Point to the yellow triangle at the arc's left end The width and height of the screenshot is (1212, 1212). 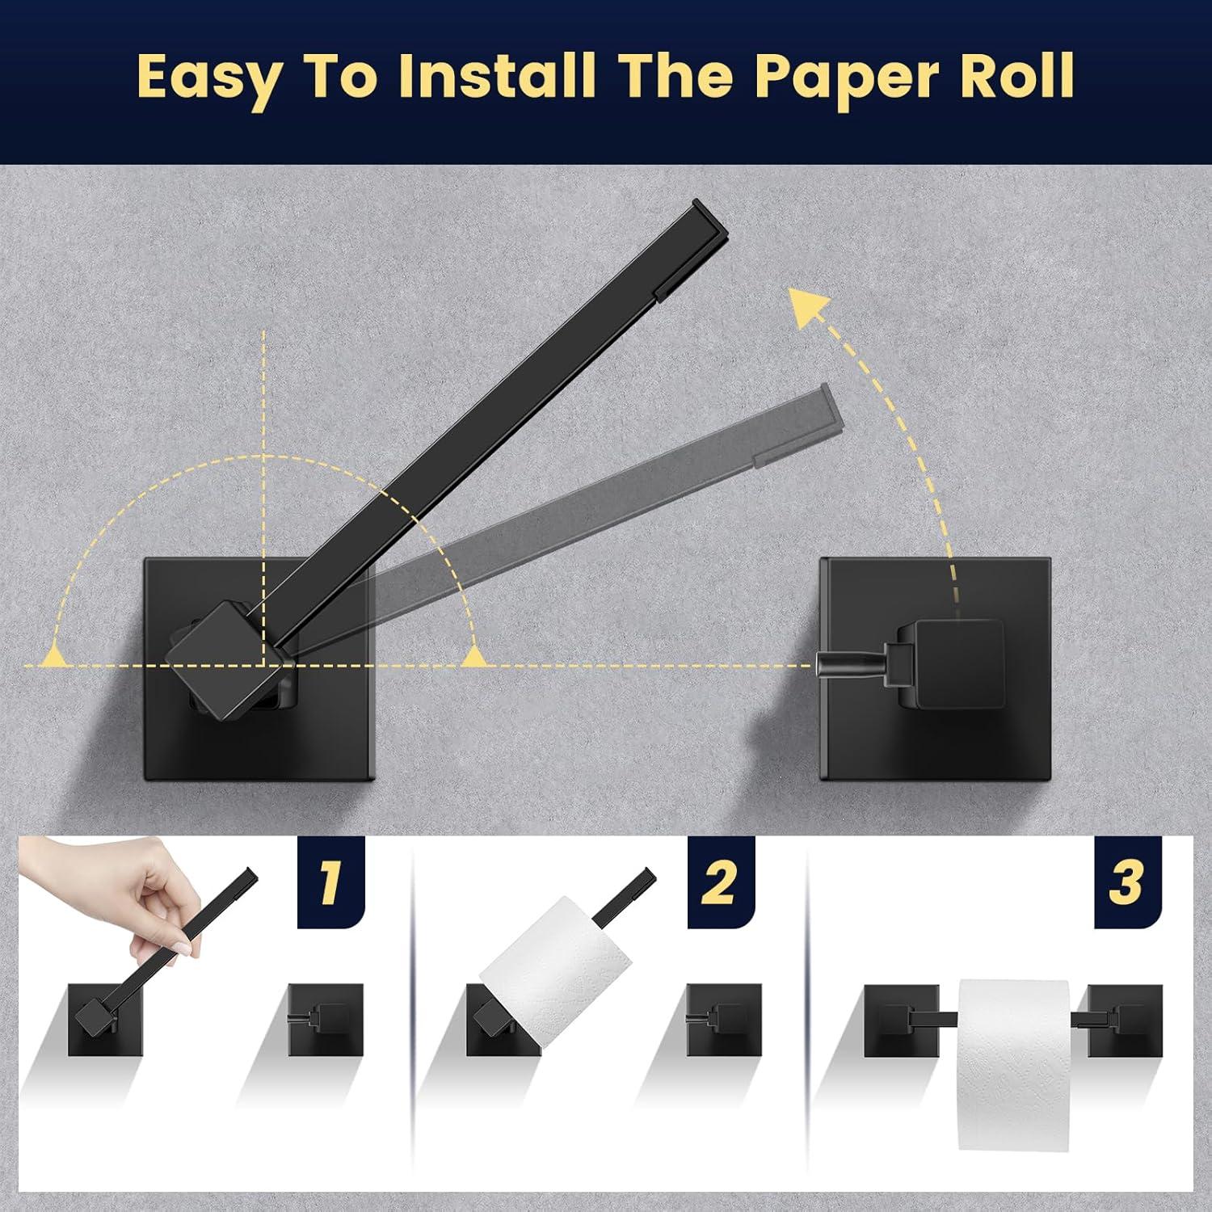point(55,654)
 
